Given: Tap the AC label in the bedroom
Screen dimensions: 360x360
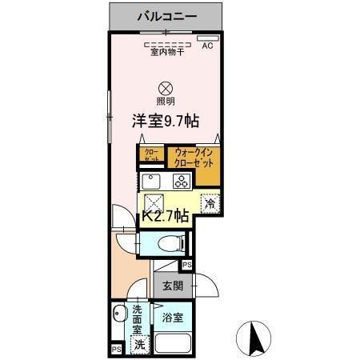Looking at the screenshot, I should point(207,46).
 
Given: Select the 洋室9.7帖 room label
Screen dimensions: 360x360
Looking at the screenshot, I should point(166,121).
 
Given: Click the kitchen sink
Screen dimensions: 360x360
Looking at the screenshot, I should point(153,179).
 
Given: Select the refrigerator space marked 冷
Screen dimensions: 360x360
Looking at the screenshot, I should point(210,204).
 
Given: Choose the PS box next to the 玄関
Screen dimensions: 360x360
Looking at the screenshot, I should point(187,266).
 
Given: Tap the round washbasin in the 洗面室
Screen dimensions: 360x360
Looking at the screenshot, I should point(118,314).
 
